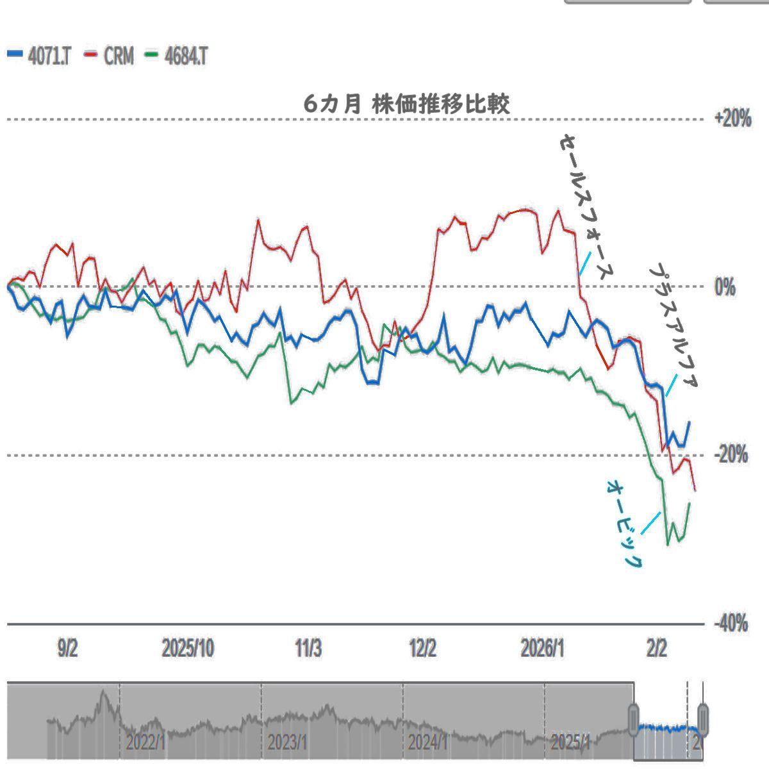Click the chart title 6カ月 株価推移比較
407,104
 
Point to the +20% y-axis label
732,119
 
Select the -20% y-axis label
731,455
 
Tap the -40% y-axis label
731,623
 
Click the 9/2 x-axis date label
67,649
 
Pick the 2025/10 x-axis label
188,649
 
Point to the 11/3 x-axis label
308,649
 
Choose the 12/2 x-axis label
423,649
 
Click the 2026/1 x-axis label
543,649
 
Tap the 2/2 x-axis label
656,649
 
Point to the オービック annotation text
624,523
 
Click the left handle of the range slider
634,720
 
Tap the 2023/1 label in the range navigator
287,743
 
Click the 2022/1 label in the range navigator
146,743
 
